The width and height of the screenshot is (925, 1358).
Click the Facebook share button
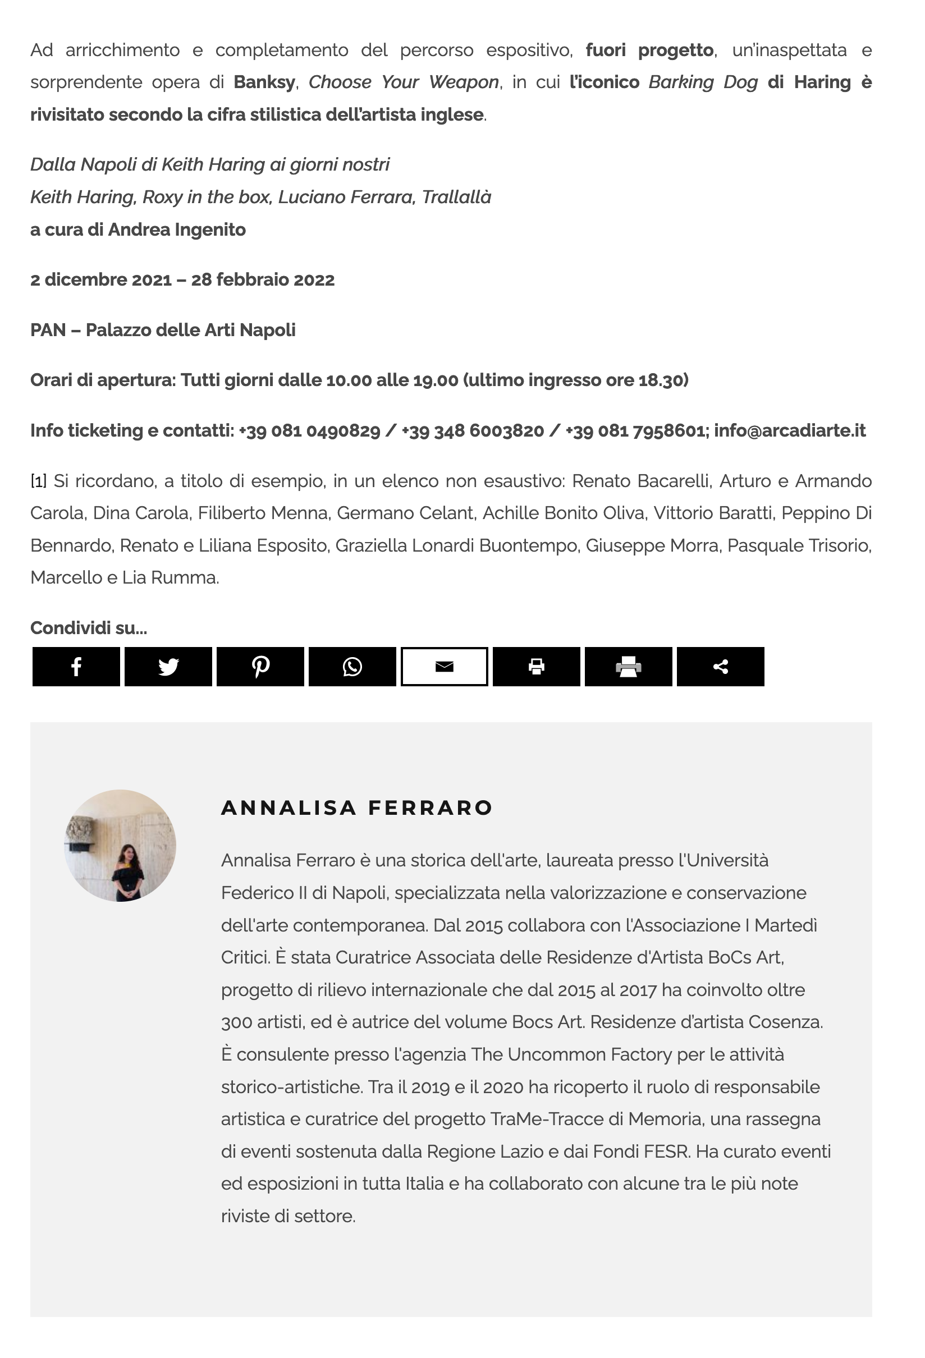pyautogui.click(x=76, y=666)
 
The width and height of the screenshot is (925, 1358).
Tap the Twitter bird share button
pyautogui.click(x=168, y=666)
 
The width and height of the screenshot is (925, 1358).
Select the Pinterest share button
pyautogui.click(x=260, y=666)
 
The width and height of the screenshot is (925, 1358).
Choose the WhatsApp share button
pyautogui.click(x=352, y=666)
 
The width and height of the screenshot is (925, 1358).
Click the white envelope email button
pyautogui.click(x=444, y=666)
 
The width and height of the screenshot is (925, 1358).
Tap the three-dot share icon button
pyautogui.click(x=721, y=666)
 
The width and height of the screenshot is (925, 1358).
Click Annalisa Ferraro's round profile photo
pyautogui.click(x=120, y=845)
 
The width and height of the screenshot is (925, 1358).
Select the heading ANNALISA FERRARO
pyautogui.click(x=357, y=808)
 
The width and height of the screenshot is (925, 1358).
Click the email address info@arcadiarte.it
pyautogui.click(x=789, y=430)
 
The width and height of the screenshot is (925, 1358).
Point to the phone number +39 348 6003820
pyautogui.click(x=473, y=430)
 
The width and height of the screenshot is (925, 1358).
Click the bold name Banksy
pyautogui.click(x=264, y=82)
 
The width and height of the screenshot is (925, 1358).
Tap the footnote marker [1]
pyautogui.click(x=38, y=481)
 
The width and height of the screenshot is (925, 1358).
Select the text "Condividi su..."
pyautogui.click(x=89, y=628)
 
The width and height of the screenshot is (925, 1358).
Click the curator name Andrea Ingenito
pyautogui.click(x=176, y=230)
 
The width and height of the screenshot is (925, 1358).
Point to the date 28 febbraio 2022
pyautogui.click(x=262, y=280)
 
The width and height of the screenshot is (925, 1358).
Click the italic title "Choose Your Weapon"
pyautogui.click(x=404, y=82)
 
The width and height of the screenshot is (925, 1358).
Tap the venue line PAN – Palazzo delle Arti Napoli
pyautogui.click(x=163, y=330)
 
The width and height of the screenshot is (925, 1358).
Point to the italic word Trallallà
pyautogui.click(x=456, y=198)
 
